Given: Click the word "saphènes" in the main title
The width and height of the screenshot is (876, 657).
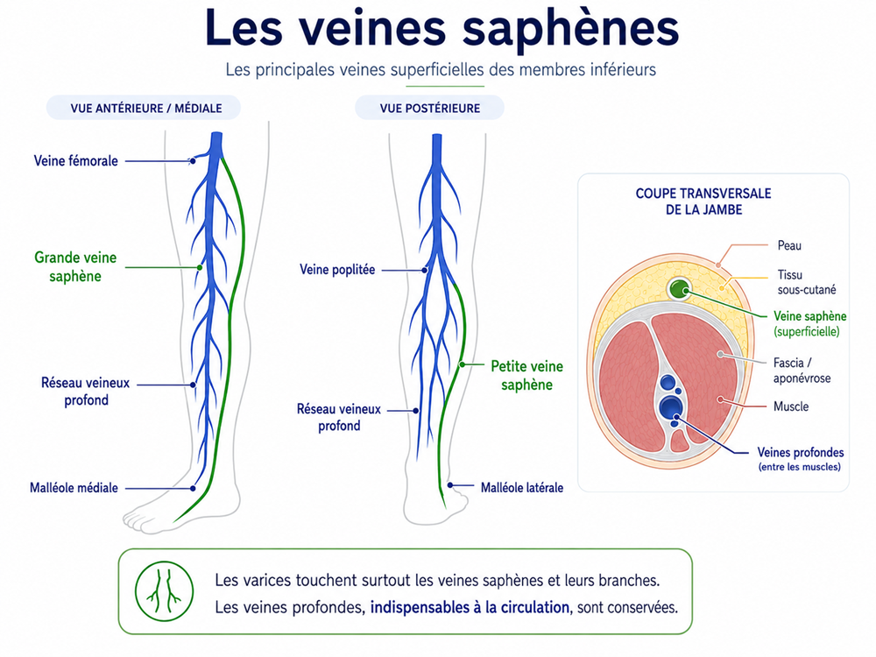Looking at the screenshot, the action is (x=570, y=29).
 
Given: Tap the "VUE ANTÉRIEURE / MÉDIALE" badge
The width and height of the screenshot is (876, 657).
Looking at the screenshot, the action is (x=144, y=108).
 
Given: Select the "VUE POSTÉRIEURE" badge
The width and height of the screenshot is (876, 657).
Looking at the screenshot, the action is (x=429, y=108).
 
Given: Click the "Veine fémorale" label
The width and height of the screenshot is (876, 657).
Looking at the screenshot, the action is (x=76, y=161).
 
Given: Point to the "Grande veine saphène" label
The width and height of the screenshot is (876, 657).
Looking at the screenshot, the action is (x=75, y=266).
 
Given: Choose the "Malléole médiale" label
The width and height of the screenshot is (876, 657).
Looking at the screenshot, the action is (x=74, y=488).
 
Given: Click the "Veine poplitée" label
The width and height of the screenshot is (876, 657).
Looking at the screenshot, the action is (x=337, y=270).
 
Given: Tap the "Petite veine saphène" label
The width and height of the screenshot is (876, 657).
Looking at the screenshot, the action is (x=526, y=376).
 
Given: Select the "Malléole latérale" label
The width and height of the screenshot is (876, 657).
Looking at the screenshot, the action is (x=522, y=488).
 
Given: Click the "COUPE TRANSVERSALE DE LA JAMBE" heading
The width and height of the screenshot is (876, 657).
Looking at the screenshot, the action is (x=703, y=201).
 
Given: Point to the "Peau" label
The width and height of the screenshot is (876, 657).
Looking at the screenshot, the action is (x=789, y=245).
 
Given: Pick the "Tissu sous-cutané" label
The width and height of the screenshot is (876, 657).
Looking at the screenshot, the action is (x=807, y=282).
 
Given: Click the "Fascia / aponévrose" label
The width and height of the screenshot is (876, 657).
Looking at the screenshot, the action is (x=802, y=371).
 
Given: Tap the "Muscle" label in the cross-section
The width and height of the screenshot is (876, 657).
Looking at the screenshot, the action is (x=790, y=406).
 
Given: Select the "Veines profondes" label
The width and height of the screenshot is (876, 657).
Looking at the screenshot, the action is (x=800, y=452).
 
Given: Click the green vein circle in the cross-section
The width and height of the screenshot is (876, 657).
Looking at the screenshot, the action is (x=680, y=289).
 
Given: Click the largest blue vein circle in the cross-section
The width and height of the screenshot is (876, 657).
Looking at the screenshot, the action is (x=670, y=406).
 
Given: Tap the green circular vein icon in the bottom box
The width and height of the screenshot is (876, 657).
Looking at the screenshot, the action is (x=165, y=591).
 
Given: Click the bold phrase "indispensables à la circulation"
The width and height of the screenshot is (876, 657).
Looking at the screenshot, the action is (x=470, y=607).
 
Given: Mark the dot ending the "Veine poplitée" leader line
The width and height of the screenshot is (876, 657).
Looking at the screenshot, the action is (x=425, y=271).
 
